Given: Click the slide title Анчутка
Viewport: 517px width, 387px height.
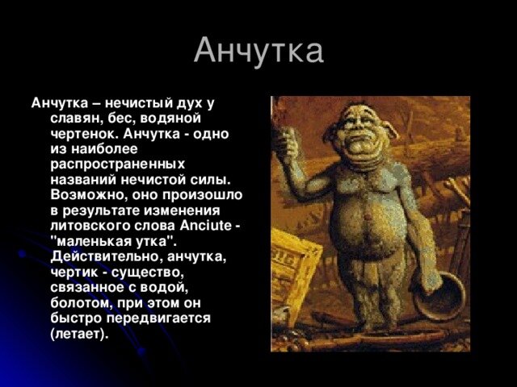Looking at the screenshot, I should click(258, 50).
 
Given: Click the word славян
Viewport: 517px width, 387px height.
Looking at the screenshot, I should click(75, 119).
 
